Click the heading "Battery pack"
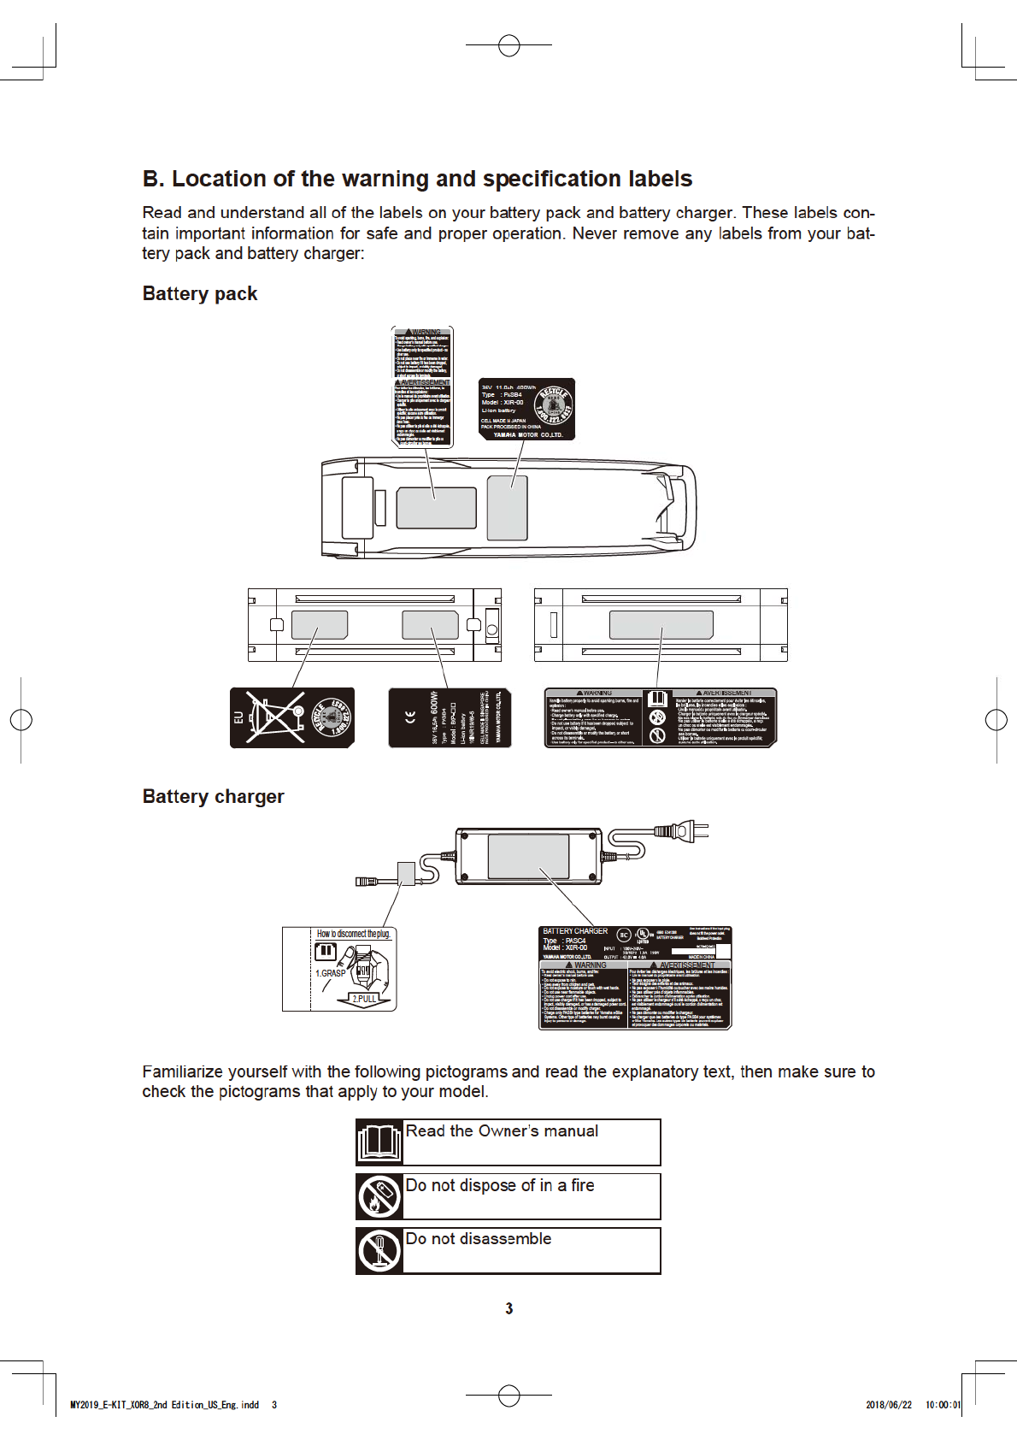point(199,293)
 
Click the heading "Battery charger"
point(213,796)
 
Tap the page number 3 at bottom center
point(509,1308)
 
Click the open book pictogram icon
point(379,1142)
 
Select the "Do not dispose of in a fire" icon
point(379,1196)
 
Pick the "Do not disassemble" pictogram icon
point(379,1250)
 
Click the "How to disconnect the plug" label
point(353,934)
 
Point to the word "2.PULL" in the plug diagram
point(365,998)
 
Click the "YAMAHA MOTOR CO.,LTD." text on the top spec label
point(527,434)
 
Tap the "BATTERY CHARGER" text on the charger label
point(575,931)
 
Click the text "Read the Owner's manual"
point(502,1131)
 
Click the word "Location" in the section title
point(219,179)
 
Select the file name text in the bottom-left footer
point(164,1404)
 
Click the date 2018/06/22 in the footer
point(889,1404)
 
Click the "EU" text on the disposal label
point(238,718)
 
